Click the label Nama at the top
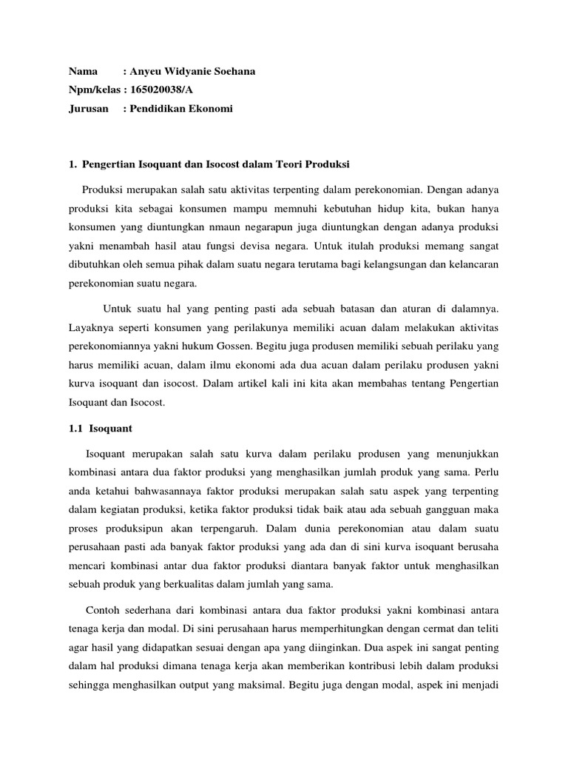point(84,72)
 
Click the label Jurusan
point(89,109)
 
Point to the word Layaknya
point(90,326)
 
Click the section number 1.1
point(75,428)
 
